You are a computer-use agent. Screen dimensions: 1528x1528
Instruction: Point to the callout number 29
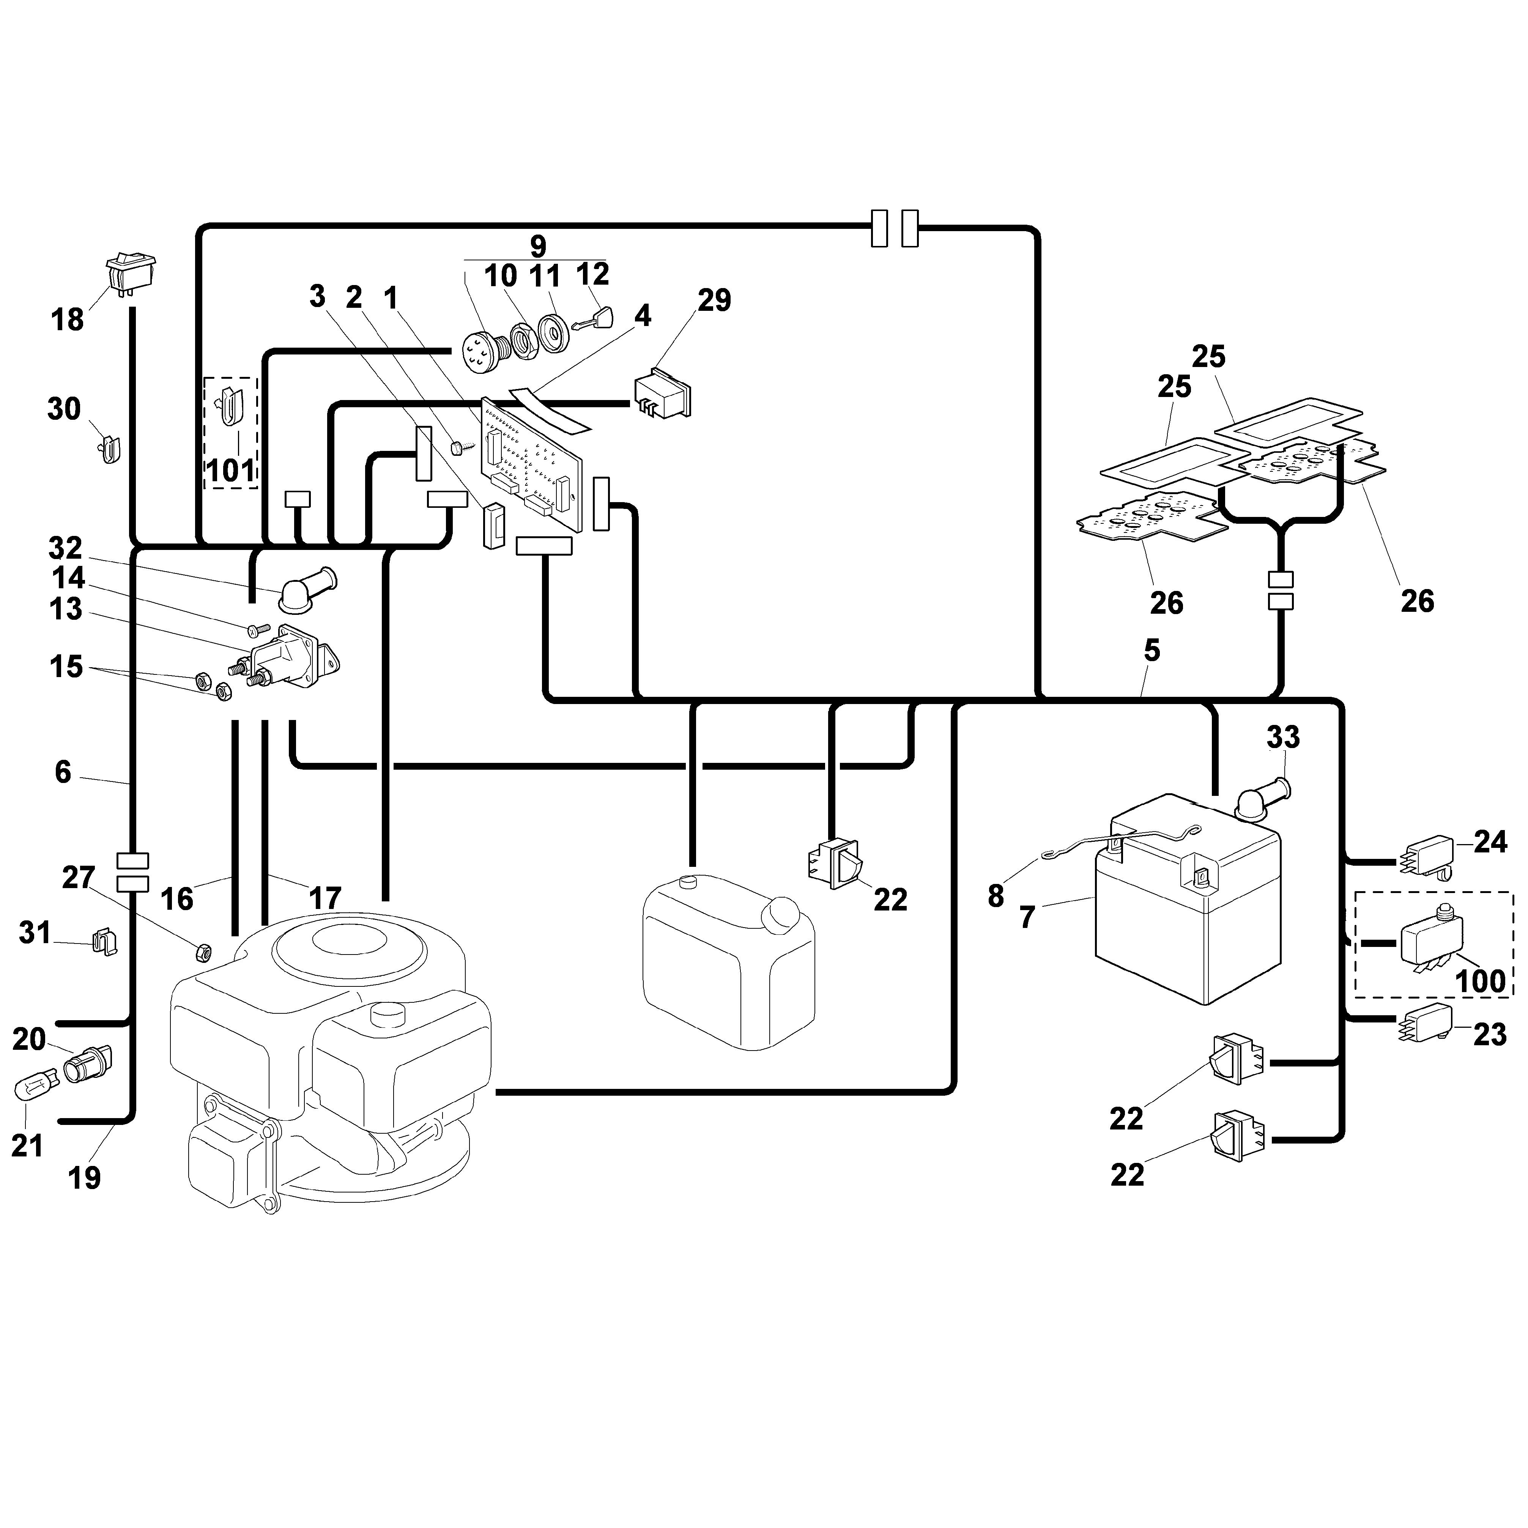point(714,300)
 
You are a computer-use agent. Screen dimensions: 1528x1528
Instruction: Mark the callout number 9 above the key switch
point(538,246)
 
